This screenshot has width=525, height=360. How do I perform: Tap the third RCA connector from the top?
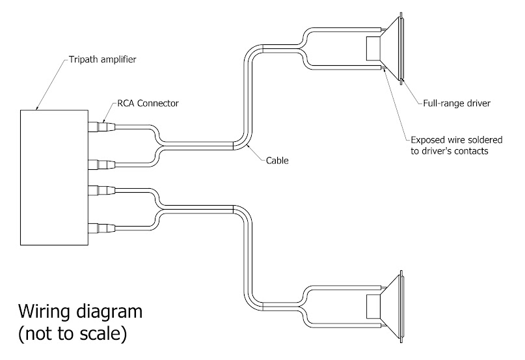pos(101,191)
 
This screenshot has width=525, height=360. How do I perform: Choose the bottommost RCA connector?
pos(101,227)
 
